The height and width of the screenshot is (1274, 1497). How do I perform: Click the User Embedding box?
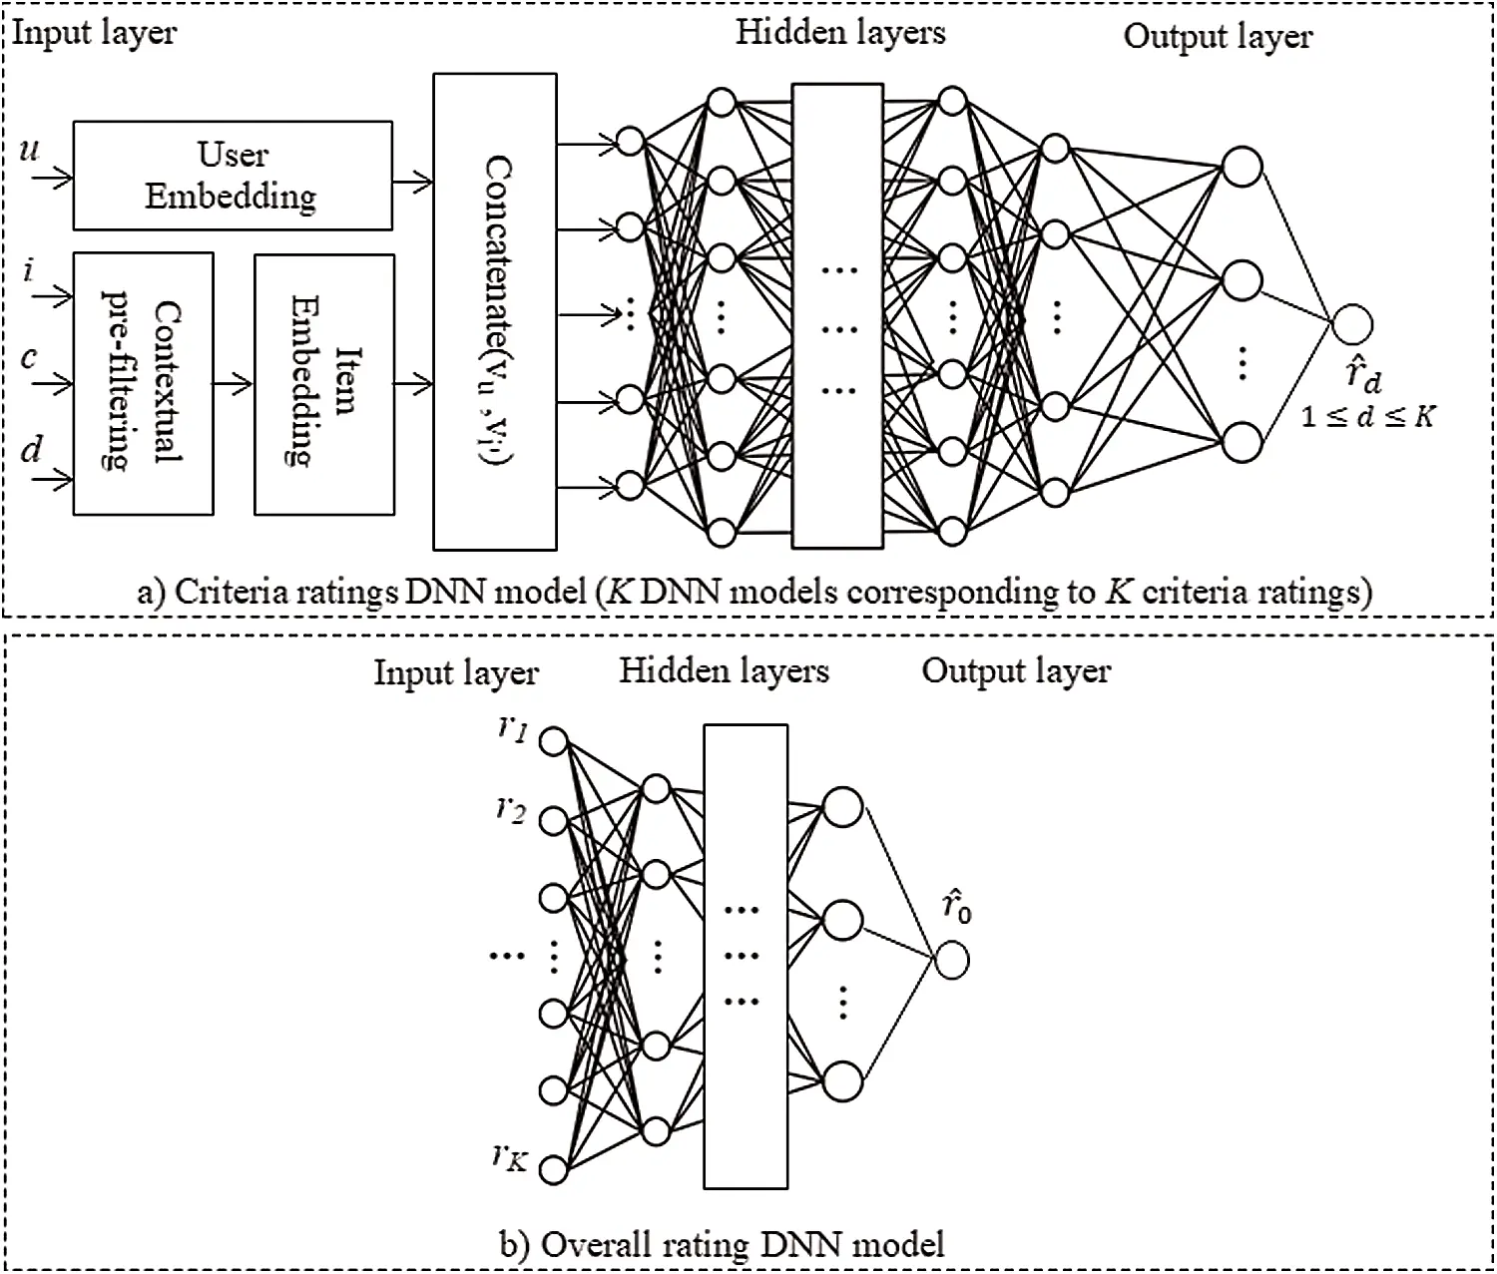pyautogui.click(x=233, y=176)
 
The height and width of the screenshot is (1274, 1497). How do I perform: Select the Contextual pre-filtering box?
pyautogui.click(x=144, y=384)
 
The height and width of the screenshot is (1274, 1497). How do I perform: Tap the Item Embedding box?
pyautogui.click(x=324, y=384)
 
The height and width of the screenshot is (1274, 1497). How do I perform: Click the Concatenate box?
pyautogui.click(x=495, y=311)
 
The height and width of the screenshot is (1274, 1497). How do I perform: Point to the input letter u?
pyautogui.click(x=30, y=150)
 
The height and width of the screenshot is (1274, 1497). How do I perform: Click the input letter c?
pyautogui.click(x=30, y=357)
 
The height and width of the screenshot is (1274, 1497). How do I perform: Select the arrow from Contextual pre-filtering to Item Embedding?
pyautogui.click(x=235, y=383)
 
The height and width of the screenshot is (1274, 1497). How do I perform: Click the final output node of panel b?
pyautogui.click(x=952, y=961)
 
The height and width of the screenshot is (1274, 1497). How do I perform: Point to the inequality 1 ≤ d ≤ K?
pyautogui.click(x=1367, y=416)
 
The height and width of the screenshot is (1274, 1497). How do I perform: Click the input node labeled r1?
pyautogui.click(x=554, y=741)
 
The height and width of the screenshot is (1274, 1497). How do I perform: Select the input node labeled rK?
pyautogui.click(x=554, y=1168)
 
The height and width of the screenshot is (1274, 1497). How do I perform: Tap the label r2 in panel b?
pyautogui.click(x=511, y=808)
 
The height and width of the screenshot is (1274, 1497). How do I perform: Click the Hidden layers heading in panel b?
pyautogui.click(x=724, y=670)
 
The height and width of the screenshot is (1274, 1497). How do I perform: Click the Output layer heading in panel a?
pyautogui.click(x=1218, y=37)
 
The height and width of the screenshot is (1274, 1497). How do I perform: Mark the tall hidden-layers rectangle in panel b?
pyautogui.click(x=746, y=956)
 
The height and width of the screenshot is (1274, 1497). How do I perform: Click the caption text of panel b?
pyautogui.click(x=722, y=1244)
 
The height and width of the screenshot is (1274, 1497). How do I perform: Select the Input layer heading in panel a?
pyautogui.click(x=95, y=33)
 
